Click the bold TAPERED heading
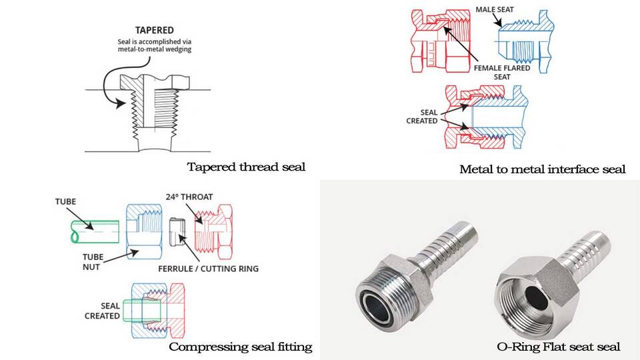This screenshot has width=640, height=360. tap(154, 30)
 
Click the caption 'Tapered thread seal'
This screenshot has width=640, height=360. tap(246, 167)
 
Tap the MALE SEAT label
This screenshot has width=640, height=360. tap(495, 9)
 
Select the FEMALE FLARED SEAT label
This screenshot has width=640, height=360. tap(502, 72)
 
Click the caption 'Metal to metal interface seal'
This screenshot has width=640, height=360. tap(543, 169)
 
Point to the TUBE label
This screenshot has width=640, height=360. tap(66, 201)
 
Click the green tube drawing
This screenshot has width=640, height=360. tap(95, 231)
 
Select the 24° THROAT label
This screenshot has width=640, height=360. tap(189, 197)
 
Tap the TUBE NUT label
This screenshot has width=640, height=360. tap(93, 262)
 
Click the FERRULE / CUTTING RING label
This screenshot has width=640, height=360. tap(208, 269)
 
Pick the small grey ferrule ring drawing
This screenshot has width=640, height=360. tap(177, 232)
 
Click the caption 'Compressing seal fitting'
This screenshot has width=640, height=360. tap(241, 347)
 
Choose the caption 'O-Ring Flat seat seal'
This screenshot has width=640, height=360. tap(559, 347)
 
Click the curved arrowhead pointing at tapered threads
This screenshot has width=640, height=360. tap(120, 104)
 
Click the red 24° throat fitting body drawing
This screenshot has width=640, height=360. tap(213, 232)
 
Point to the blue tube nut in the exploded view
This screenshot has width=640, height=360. tap(145, 231)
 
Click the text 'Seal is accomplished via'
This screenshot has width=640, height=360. tap(154, 41)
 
